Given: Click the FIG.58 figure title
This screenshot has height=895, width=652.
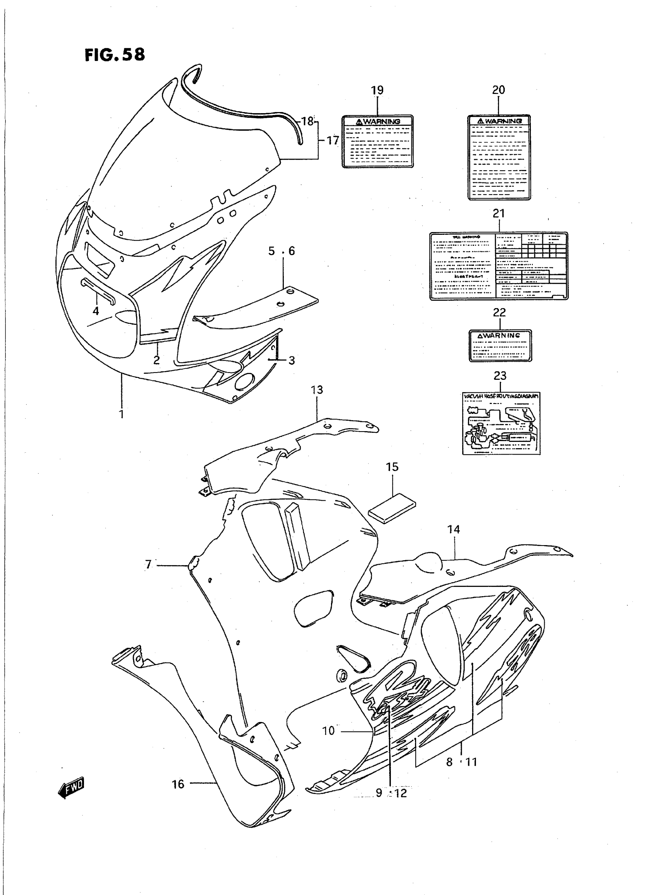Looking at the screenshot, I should [115, 54].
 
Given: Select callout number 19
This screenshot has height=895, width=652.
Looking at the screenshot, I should [377, 90].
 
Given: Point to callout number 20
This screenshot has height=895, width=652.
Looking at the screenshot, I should [499, 90].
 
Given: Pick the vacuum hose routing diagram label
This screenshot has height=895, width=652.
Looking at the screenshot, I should [501, 423].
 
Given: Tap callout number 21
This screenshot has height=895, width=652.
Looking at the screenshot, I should [499, 214].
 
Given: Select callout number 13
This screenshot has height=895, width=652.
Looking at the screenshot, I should [317, 390].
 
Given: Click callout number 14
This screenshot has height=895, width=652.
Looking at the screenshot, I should [454, 529].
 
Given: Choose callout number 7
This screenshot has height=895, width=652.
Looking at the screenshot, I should [148, 565].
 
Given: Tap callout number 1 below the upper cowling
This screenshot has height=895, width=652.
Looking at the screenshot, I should [122, 414].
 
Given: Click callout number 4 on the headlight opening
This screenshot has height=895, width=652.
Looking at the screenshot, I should [95, 311].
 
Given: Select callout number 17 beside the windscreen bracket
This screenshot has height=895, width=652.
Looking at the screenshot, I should [333, 140].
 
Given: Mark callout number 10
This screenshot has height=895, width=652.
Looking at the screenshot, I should [328, 731].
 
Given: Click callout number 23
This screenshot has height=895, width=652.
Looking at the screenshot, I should [500, 376].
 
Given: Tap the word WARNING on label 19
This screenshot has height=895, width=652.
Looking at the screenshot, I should [381, 122].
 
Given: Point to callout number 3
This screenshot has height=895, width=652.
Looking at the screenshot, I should [291, 360].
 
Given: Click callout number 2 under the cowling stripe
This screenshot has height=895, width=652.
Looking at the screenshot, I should [157, 360].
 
